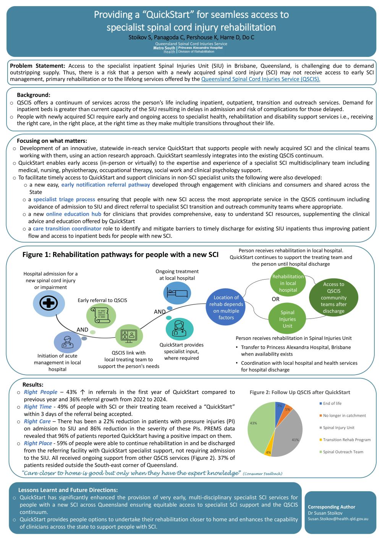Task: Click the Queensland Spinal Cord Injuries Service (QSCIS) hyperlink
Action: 261,79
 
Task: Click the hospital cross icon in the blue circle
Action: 49,303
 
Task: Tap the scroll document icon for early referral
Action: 101,315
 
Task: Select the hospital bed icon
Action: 177,293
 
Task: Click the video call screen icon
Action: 129,335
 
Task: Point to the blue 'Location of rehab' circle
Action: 226,307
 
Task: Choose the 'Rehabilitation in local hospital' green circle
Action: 288,283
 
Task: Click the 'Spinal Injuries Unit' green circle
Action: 287,319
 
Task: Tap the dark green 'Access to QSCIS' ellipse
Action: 333,297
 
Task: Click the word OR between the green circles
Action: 275,299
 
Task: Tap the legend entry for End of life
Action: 332,403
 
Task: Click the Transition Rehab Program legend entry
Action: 346,440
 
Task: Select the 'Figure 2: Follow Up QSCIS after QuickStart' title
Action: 300,392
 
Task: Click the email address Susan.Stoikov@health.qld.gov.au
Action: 338,519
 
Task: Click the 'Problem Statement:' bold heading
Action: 37,66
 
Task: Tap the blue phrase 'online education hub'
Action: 74,214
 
